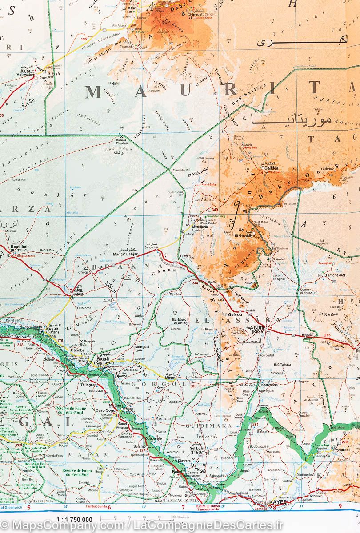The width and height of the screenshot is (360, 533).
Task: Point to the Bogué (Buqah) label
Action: pyautogui.click(x=52, y=330)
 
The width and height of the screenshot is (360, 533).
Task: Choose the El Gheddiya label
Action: pyautogui.click(x=245, y=235)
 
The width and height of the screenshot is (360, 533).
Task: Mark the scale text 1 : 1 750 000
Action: pyautogui.click(x=74, y=519)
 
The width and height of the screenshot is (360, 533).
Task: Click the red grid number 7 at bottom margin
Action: pyautogui.click(x=183, y=507)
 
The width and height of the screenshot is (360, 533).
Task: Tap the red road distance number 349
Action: pyautogui.click(x=215, y=210)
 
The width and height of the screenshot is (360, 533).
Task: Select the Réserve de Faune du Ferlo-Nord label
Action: pyautogui.click(x=72, y=410)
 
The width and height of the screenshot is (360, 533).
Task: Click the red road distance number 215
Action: pyautogui.click(x=328, y=335)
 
